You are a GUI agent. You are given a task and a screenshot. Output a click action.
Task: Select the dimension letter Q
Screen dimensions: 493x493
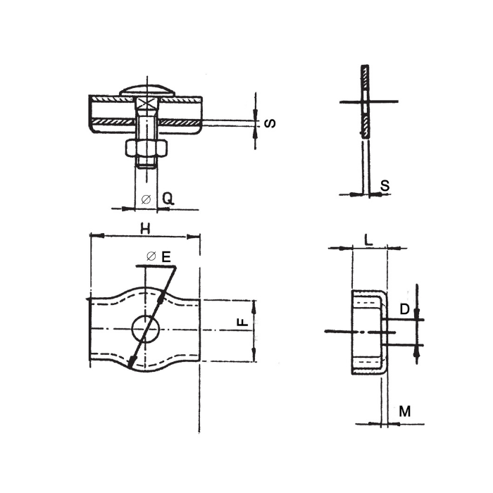[x=168, y=199]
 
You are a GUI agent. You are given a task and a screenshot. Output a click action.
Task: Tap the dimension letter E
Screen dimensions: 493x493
[x=166, y=258]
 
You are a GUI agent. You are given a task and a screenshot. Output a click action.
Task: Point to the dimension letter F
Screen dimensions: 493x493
[x=242, y=323]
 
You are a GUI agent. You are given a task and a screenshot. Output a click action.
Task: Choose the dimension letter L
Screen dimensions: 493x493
[x=368, y=239]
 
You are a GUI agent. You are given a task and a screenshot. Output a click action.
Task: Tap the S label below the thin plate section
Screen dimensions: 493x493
[x=385, y=185]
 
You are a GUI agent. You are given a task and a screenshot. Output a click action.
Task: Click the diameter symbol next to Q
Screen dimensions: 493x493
[x=145, y=199]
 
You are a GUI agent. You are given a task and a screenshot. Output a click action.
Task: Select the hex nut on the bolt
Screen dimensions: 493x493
[x=146, y=147]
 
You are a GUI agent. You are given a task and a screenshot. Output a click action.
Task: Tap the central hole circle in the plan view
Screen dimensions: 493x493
[x=146, y=328]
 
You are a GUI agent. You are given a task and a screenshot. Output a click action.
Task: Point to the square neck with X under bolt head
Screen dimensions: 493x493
[x=146, y=105]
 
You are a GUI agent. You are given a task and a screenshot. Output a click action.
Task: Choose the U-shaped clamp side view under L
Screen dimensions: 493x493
[x=368, y=331]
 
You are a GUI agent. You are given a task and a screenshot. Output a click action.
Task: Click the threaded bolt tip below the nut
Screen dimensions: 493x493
[x=146, y=163]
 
